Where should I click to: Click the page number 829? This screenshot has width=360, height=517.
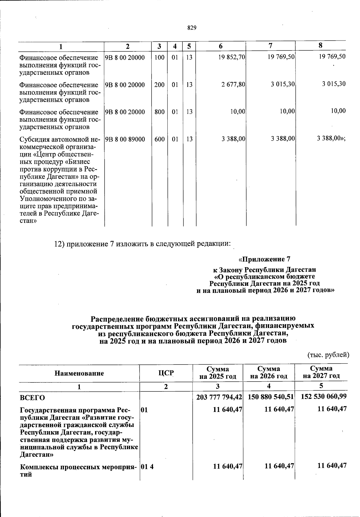pos(192,28)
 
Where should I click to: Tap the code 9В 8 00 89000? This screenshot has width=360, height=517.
pos(125,139)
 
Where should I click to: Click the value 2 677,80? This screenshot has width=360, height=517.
pos(233,85)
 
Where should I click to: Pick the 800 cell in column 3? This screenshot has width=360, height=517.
pos(159,112)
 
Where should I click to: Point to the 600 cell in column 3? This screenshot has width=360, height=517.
pos(159,139)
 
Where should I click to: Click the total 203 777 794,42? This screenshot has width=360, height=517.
pos(219,397)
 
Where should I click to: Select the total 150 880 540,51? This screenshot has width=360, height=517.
pos(271,397)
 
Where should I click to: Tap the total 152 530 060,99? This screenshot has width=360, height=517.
pos(323,396)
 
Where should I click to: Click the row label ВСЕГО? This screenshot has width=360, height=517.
pos(32,398)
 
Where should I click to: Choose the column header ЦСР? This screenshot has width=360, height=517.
pos(166,373)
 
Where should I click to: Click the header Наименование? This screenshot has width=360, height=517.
pos(79,373)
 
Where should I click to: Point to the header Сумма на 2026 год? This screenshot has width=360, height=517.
pos(269,372)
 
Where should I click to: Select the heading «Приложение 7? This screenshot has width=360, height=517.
pos(264,259)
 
